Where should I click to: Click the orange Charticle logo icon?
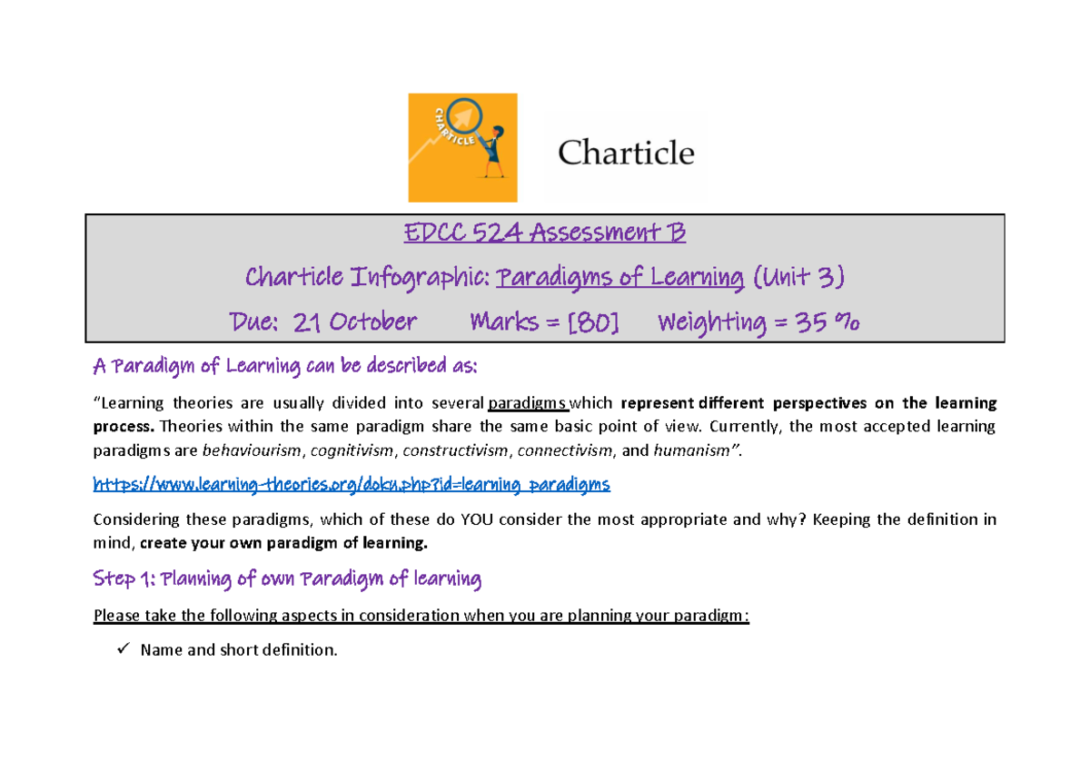462,147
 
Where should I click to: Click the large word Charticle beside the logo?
626,152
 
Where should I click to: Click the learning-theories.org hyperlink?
352,484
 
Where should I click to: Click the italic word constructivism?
454,450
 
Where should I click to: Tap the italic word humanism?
682,450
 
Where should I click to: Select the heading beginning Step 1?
287,578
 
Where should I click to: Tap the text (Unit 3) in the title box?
797,277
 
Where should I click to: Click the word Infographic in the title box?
424,277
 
